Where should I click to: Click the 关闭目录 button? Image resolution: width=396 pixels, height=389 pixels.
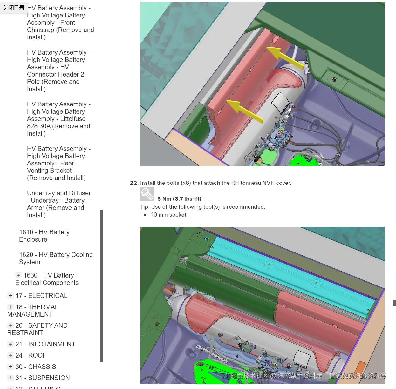click(x=14, y=8)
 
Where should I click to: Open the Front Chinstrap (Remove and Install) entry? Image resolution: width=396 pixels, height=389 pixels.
click(x=60, y=23)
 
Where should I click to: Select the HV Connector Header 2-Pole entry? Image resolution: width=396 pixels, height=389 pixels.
click(x=59, y=70)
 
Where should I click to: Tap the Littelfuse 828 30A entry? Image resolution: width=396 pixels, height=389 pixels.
click(x=59, y=119)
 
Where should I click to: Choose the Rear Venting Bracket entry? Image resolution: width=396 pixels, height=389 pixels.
click(x=59, y=163)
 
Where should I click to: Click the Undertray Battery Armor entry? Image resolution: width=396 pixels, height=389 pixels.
click(x=59, y=204)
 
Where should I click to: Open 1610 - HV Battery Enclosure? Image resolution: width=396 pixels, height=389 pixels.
click(x=44, y=236)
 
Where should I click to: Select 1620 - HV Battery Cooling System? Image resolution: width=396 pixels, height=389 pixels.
click(x=56, y=258)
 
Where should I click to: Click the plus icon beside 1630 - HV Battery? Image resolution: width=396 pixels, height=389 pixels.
click(x=18, y=275)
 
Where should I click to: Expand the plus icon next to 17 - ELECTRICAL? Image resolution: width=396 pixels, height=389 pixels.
click(x=10, y=296)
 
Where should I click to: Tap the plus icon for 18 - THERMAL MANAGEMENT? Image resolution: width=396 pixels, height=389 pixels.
click(x=10, y=307)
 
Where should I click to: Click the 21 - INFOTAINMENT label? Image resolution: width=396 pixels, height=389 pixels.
click(x=45, y=344)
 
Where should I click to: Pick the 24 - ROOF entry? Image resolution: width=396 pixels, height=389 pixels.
click(x=31, y=355)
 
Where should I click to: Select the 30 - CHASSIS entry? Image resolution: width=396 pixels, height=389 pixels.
click(x=36, y=367)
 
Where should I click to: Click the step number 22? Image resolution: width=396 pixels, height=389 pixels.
click(x=134, y=183)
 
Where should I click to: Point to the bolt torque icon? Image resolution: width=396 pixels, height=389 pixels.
click(x=147, y=194)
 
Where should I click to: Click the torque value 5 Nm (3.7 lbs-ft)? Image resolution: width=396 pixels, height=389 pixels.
click(x=179, y=199)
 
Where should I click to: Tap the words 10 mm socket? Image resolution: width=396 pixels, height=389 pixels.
click(x=169, y=215)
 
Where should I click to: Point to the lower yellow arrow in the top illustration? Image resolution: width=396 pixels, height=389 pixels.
click(x=244, y=111)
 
